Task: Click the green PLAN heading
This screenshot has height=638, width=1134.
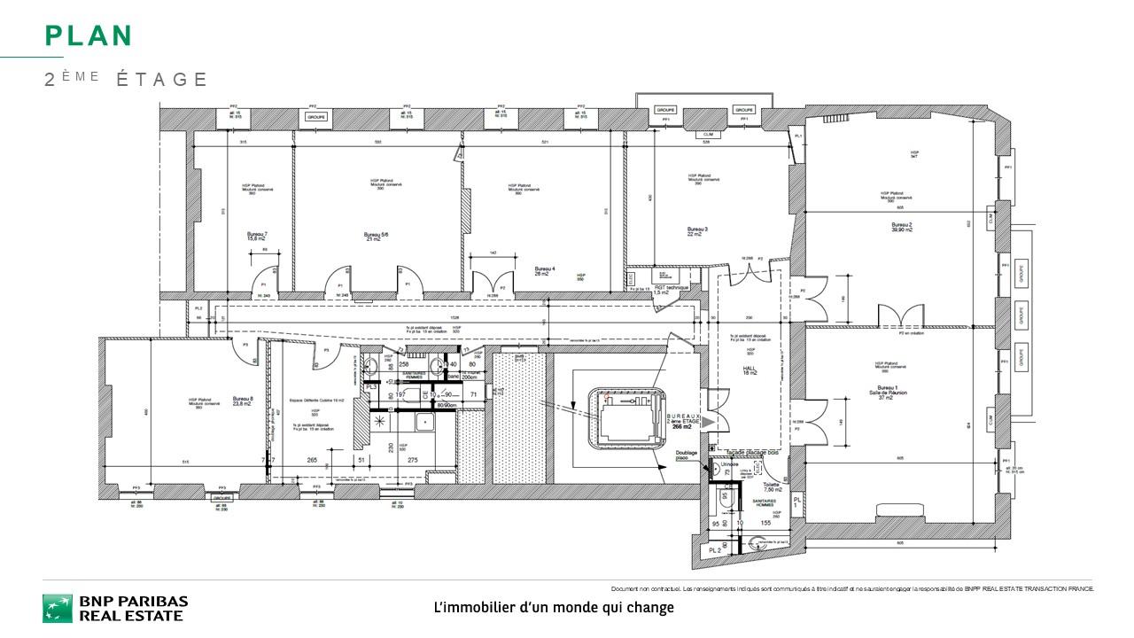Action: tap(89, 36)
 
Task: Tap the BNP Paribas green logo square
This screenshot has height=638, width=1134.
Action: tap(58, 609)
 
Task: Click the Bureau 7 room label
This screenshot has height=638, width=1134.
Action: tap(257, 235)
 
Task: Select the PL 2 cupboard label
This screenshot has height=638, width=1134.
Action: tap(716, 551)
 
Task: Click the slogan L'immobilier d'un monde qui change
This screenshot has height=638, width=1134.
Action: tap(554, 608)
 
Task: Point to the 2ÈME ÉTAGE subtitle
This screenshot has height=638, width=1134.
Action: tap(126, 80)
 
